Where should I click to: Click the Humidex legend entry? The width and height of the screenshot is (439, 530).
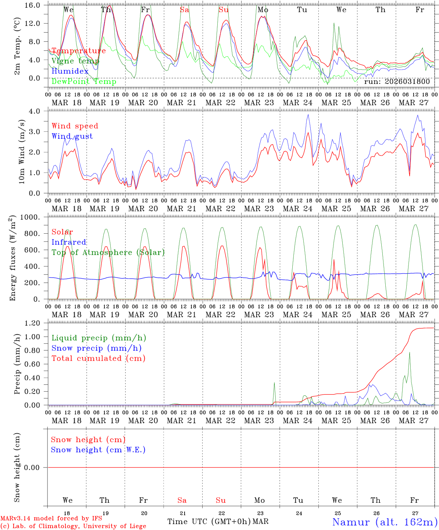pyautogui.click(x=70, y=71)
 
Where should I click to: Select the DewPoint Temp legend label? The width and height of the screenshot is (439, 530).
pyautogui.click(x=84, y=82)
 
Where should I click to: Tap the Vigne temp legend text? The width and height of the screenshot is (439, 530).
pyautogui.click(x=75, y=61)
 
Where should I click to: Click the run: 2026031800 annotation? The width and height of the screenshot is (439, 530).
pyautogui.click(x=397, y=82)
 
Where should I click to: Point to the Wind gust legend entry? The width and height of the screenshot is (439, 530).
pyautogui.click(x=72, y=136)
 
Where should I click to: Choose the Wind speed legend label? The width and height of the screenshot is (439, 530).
pyautogui.click(x=75, y=126)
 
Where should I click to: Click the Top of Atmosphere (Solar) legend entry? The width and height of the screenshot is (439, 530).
pyautogui.click(x=108, y=252)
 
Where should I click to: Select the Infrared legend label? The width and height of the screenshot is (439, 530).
pyautogui.click(x=69, y=242)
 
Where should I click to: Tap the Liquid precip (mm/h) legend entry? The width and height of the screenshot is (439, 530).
pyautogui.click(x=99, y=338)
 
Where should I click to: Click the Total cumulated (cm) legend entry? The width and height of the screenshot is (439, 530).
pyautogui.click(x=99, y=358)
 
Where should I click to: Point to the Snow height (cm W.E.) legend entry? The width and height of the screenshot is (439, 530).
pyautogui.click(x=98, y=450)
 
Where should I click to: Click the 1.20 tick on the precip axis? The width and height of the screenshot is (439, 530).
pyautogui.click(x=36, y=323)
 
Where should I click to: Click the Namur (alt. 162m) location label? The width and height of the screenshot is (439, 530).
pyautogui.click(x=385, y=522)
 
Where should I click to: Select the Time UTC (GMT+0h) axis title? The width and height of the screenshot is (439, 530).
pyautogui.click(x=209, y=522)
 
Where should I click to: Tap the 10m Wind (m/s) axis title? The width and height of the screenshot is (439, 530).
pyautogui.click(x=22, y=152)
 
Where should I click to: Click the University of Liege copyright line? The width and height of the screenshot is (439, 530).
pyautogui.click(x=74, y=526)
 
